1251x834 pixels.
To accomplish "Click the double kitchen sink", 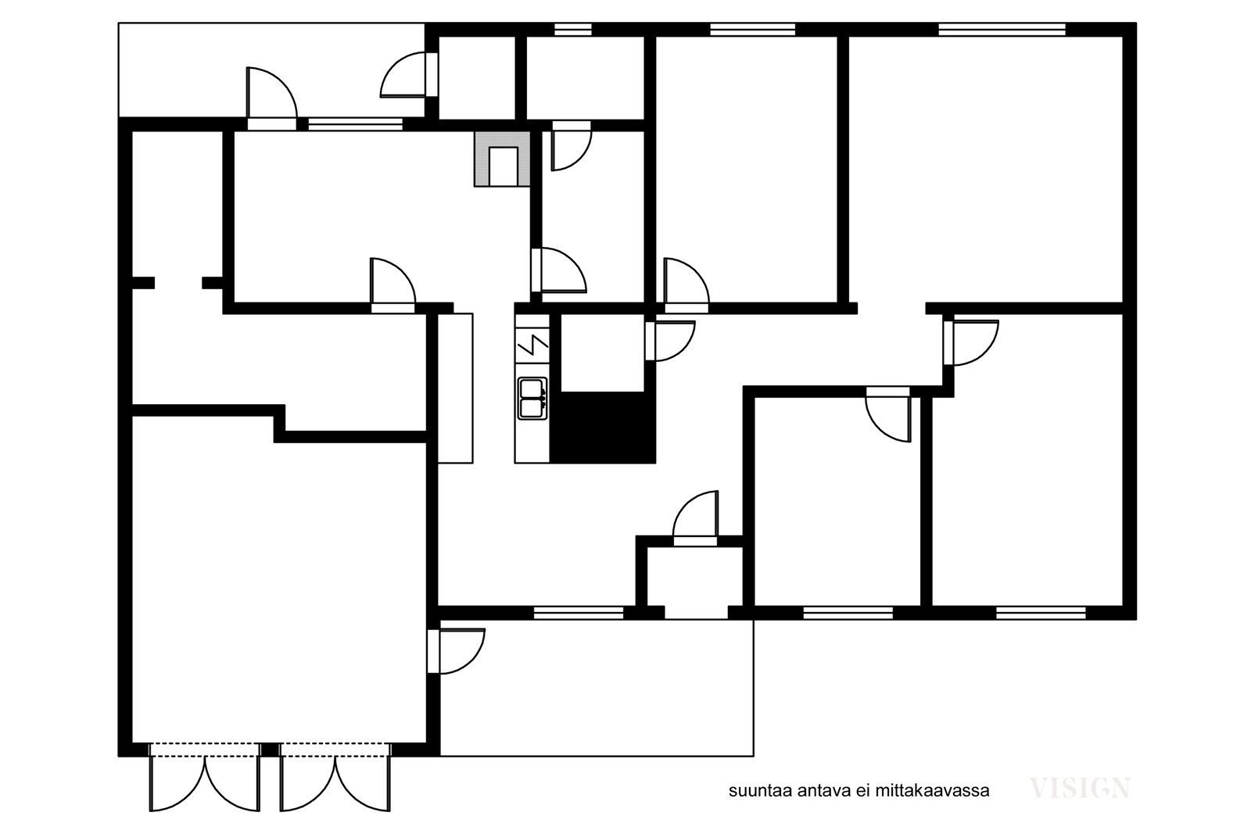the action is pos(532,399).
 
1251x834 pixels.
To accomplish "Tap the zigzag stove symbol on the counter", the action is pos(532,345).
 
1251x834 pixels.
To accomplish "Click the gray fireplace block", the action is pos(502,159).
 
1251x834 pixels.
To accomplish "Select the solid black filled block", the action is pos(603,428).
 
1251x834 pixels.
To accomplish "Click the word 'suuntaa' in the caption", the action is pos(761,791).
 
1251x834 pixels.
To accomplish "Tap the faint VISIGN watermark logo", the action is pos(1080,788).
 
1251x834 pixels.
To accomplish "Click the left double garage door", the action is pos(205,777).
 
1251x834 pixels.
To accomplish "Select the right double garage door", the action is pos(335,777).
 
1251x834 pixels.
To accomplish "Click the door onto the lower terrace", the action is pos(456,651).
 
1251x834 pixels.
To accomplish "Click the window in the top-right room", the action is pos(1002,30).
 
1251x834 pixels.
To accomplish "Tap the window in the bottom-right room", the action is pos(1041,614).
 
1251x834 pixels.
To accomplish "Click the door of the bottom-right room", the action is pos(970,343).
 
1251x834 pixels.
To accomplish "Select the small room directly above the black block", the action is pos(603,353).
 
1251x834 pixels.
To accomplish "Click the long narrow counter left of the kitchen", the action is pos(455,388).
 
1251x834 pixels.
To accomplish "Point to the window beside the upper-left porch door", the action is pos(356,124).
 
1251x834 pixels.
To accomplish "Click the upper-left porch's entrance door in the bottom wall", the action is pos(272,98).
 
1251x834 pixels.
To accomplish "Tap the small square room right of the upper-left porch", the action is pos(477,77).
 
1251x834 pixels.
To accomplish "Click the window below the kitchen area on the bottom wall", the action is pos(579,614).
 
